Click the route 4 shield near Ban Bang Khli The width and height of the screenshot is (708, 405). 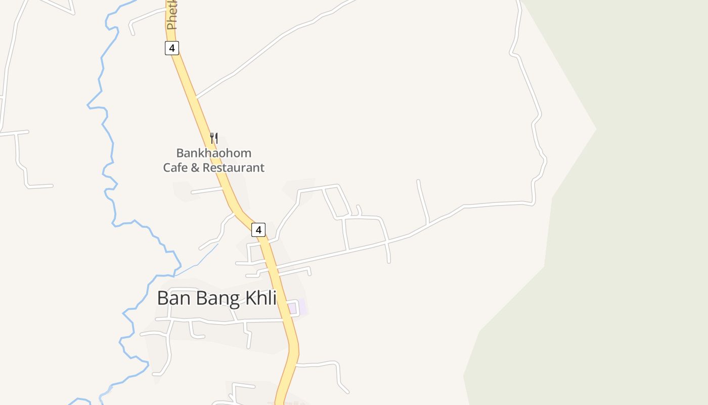pos(258,230)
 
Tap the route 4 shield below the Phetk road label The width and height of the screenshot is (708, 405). pos(172,48)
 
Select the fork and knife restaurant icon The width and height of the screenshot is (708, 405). pos(214,138)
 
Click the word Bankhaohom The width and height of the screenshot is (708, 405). pos(213,153)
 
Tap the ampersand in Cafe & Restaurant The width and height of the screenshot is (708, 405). pos(195,168)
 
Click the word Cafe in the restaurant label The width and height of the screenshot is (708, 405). pos(175,168)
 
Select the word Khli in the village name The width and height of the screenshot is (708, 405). pos(260,298)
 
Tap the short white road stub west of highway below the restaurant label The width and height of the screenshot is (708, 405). pos(206,191)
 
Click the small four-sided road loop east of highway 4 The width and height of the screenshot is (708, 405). pos(336,202)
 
